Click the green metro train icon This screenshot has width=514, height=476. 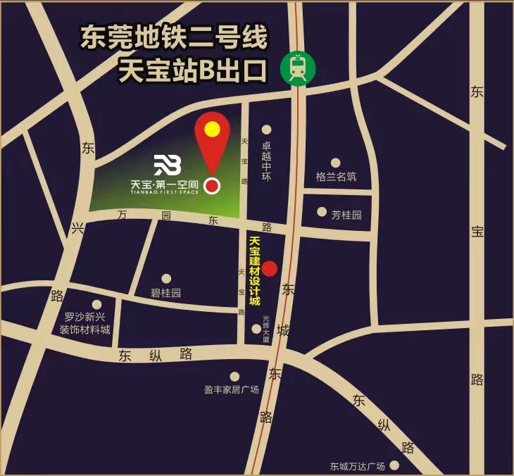click(298, 68)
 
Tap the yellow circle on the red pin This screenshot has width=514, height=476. click(212, 129)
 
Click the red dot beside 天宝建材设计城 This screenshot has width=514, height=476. click(270, 268)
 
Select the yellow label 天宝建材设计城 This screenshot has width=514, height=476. click(255, 272)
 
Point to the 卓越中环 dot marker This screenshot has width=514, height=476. click(267, 129)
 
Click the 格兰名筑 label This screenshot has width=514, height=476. click(336, 177)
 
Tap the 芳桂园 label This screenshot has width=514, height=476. click(346, 215)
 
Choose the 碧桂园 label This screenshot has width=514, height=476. click(166, 293)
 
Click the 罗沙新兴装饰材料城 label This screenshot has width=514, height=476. click(84, 323)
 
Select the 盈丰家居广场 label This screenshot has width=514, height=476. click(232, 389)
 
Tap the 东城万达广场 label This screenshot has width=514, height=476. click(357, 466)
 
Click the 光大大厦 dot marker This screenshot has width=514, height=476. click(256, 328)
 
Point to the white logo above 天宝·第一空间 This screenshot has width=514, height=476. click(168, 165)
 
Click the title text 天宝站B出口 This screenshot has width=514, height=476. click(192, 71)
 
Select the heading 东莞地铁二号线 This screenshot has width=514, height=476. click(174, 38)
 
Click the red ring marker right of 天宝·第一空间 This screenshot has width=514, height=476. click(212, 186)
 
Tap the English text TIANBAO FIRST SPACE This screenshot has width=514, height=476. click(165, 193)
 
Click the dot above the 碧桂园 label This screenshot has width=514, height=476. click(166, 279)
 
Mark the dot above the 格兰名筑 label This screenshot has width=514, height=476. click(336, 163)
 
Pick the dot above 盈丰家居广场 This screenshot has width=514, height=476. click(234, 376)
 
